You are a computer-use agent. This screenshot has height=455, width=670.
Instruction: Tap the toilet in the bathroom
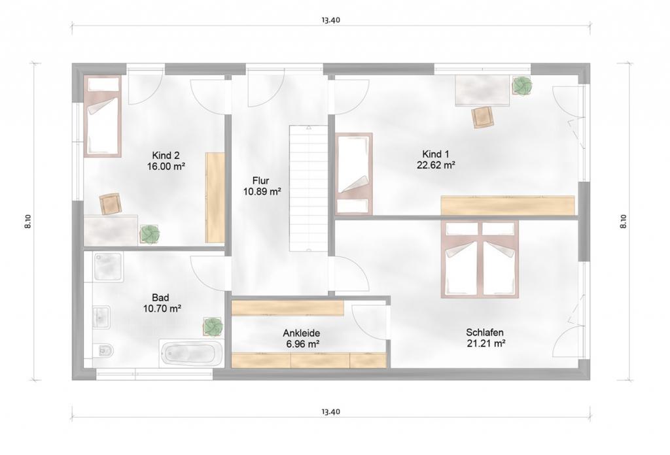coord(103,350)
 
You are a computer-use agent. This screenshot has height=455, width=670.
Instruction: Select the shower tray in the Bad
coord(109,267)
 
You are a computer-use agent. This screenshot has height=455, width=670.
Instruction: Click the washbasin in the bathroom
coord(101,317)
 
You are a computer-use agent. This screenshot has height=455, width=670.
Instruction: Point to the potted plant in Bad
coord(213,326)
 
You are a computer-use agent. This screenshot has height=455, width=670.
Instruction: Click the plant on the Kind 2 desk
coord(150,234)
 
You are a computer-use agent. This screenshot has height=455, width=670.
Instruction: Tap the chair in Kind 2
coord(111,203)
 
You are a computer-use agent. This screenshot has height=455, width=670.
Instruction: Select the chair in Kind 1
coord(484,117)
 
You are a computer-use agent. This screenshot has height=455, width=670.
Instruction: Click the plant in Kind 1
coord(521,86)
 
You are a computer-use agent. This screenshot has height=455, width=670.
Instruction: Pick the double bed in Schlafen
coord(480,259)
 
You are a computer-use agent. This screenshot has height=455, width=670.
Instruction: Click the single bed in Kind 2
coord(102,116)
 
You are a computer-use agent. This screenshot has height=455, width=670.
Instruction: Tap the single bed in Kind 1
coord(353,173)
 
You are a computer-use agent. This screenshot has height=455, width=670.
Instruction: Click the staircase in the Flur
coord(309,188)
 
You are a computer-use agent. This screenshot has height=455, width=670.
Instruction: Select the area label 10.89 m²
coord(262,192)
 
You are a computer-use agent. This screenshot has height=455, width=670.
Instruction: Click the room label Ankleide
coord(301,333)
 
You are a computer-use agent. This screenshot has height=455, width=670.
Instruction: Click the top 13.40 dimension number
coord(331,20)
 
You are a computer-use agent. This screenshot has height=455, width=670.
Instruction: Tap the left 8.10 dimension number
coord(27,222)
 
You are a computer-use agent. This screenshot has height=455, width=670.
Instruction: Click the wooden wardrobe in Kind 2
coord(215,197)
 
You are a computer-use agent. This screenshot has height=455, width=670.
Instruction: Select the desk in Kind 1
coord(482,91)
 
